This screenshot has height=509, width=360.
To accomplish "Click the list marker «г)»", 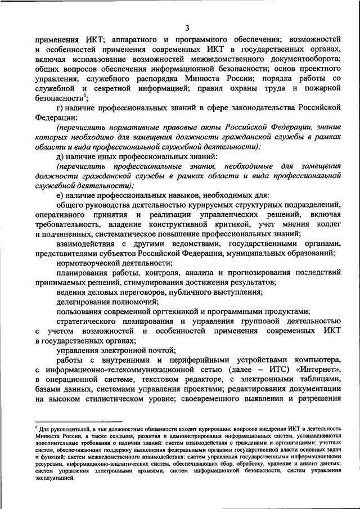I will (x=61, y=109).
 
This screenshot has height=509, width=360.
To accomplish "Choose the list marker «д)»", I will (x=61, y=155).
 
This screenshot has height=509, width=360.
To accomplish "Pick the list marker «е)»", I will (x=61, y=195).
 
